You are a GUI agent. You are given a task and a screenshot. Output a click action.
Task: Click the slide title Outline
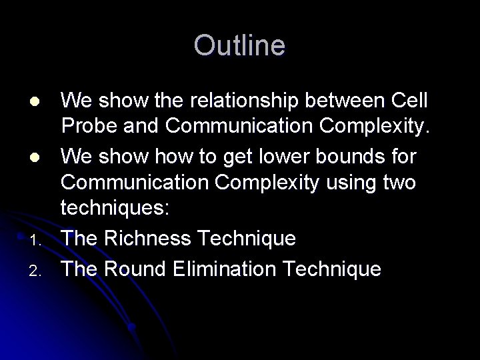pyautogui.click(x=239, y=46)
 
